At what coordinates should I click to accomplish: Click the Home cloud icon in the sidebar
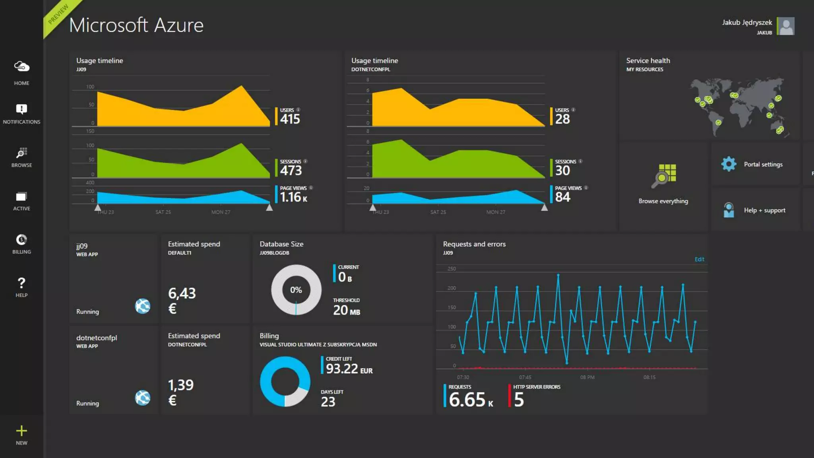[21, 66]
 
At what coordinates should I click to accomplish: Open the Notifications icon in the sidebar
[21, 109]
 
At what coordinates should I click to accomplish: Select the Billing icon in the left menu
[21, 240]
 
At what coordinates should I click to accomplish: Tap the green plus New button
[21, 431]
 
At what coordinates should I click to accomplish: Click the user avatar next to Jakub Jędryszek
[786, 26]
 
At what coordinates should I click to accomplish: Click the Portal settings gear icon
[729, 164]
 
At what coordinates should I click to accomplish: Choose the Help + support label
[764, 210]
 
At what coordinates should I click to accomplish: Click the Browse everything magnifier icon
[663, 176]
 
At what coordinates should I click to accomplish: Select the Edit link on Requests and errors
[699, 259]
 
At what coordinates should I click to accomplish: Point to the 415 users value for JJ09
[290, 119]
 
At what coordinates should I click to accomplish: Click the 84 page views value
[562, 197]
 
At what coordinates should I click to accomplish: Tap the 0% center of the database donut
[296, 290]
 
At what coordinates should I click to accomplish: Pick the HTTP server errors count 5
[519, 400]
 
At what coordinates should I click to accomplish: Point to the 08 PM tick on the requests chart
[587, 377]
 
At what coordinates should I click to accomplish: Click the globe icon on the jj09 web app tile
[142, 306]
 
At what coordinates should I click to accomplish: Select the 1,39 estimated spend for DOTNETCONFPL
[180, 385]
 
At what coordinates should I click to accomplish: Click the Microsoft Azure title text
[136, 25]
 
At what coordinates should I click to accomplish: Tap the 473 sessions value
[291, 171]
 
